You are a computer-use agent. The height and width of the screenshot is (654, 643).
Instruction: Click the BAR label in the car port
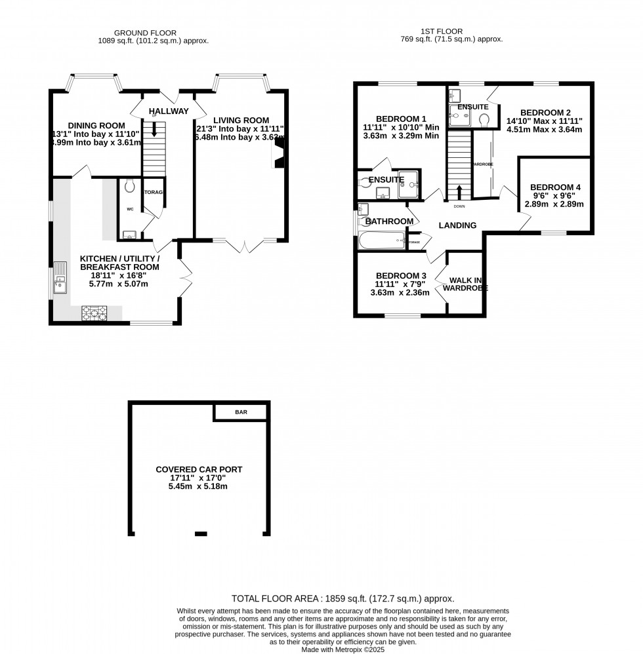click(x=241, y=413)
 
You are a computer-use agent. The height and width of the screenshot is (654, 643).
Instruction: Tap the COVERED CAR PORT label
click(x=199, y=469)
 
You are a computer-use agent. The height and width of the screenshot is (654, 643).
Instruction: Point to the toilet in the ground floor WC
click(x=129, y=186)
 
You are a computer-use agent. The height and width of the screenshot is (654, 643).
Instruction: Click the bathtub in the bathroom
click(x=381, y=241)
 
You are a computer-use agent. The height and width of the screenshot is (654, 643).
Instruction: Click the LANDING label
click(x=457, y=225)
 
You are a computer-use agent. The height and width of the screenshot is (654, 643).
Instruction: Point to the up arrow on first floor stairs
click(x=459, y=192)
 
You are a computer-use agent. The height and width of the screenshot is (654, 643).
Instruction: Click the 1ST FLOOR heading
click(x=442, y=31)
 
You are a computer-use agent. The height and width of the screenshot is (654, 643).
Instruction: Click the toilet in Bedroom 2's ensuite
click(x=485, y=119)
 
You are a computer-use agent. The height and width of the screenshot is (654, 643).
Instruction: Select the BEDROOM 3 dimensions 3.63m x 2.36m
click(x=400, y=292)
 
